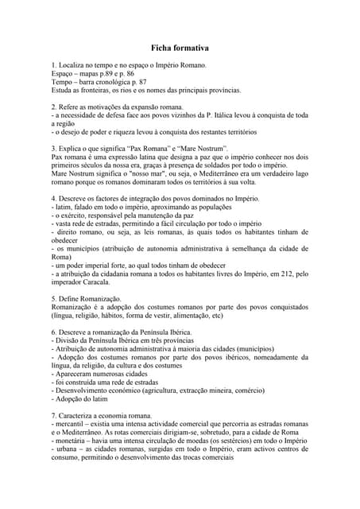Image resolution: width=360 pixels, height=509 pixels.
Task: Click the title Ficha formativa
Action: point(180,49)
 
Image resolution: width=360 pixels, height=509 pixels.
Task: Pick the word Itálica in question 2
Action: point(226,115)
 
